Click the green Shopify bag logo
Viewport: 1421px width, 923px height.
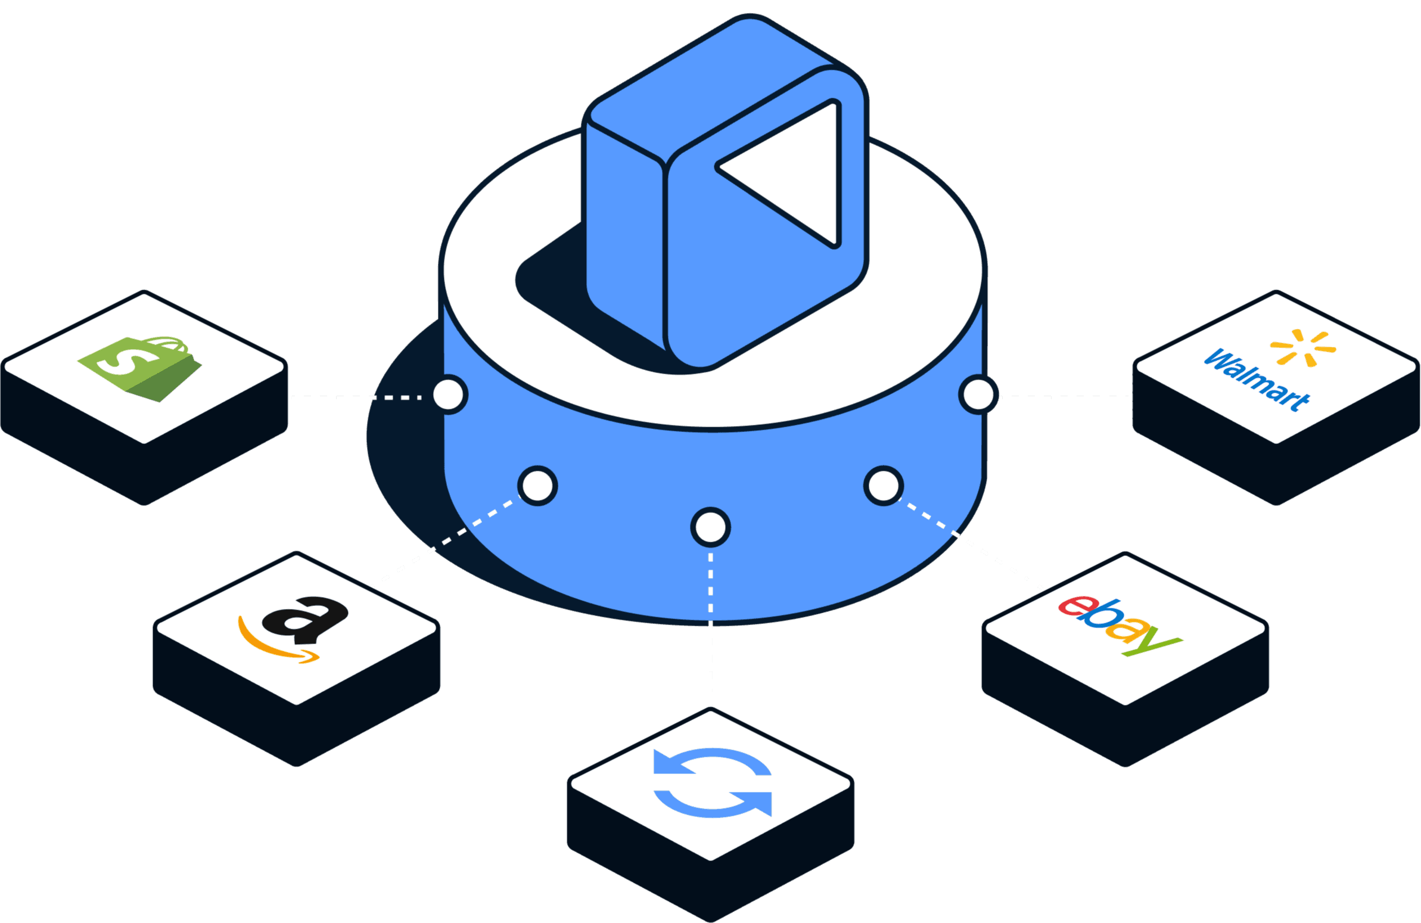(141, 368)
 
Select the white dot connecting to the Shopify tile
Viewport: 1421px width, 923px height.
(449, 394)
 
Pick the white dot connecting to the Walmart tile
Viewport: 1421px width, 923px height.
(978, 394)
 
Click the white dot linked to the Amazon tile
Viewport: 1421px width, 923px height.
(537, 486)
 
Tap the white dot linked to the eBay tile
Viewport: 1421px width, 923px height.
(883, 486)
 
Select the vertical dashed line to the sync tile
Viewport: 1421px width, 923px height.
(710, 627)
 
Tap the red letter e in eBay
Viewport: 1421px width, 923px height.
(1071, 606)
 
